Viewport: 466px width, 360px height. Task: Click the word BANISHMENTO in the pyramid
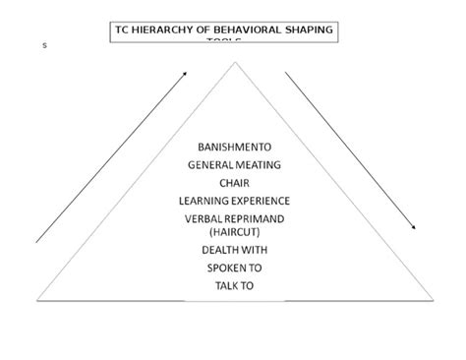tap(235, 149)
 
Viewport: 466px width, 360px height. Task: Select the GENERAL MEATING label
tap(235, 165)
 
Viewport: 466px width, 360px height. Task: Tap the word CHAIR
tap(235, 182)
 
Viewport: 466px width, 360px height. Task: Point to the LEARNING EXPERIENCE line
tap(235, 200)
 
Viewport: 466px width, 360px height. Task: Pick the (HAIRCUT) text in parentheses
tap(235, 231)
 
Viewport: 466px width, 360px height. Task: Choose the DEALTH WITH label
tap(235, 249)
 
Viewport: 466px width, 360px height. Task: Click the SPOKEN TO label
tap(235, 267)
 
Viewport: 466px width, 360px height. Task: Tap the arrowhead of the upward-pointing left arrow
tap(186, 72)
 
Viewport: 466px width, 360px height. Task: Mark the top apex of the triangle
tap(235, 62)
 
